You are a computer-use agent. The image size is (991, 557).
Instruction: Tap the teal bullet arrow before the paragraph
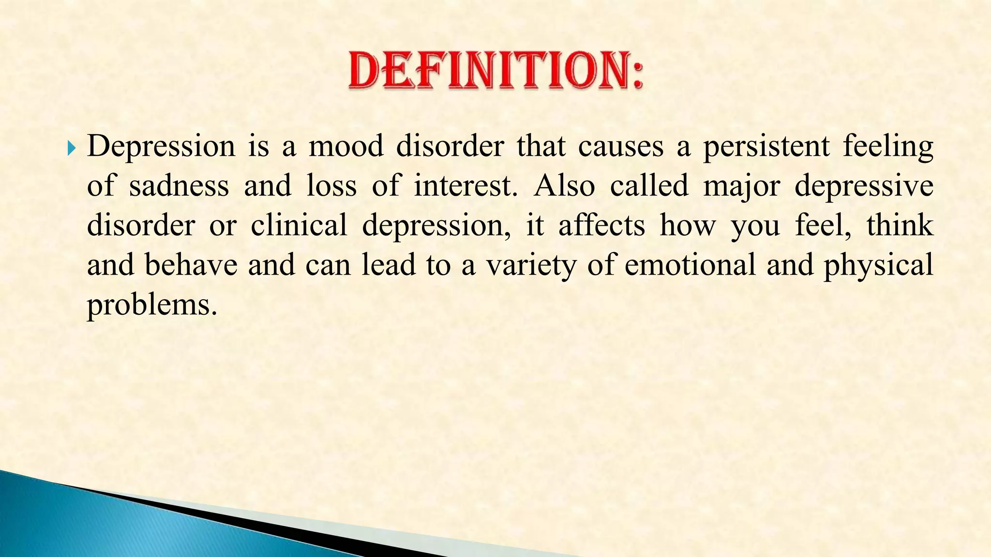pyautogui.click(x=72, y=147)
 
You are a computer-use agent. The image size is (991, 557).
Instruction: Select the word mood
pyautogui.click(x=346, y=147)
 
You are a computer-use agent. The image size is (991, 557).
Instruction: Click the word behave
pyautogui.click(x=191, y=266)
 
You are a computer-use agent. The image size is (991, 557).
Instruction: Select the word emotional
pyautogui.click(x=690, y=266)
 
